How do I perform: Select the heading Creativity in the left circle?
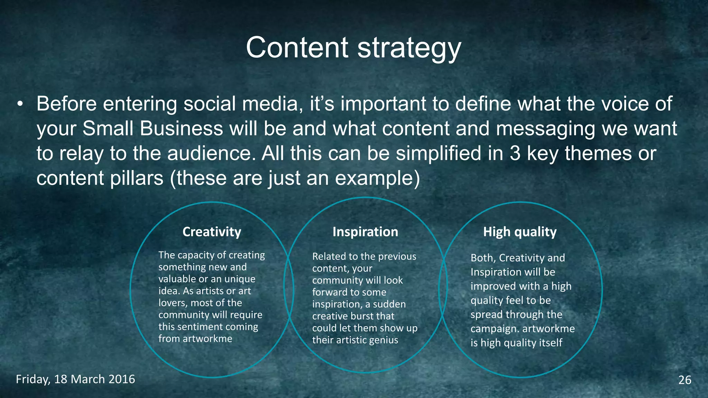click(x=212, y=232)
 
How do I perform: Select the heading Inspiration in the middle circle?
click(x=365, y=232)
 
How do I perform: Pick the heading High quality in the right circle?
click(x=520, y=232)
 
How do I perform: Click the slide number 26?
click(x=684, y=380)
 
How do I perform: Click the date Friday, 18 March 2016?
click(x=75, y=379)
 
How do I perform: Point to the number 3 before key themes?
click(x=515, y=153)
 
